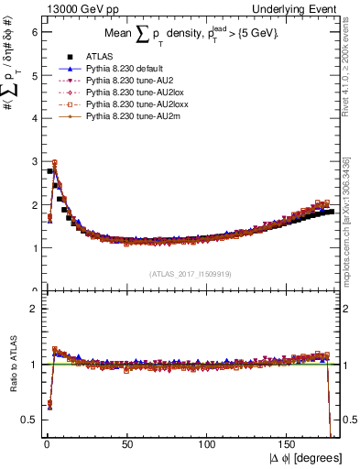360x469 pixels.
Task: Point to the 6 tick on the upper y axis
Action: (35, 30)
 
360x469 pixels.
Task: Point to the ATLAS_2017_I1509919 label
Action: (191, 273)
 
